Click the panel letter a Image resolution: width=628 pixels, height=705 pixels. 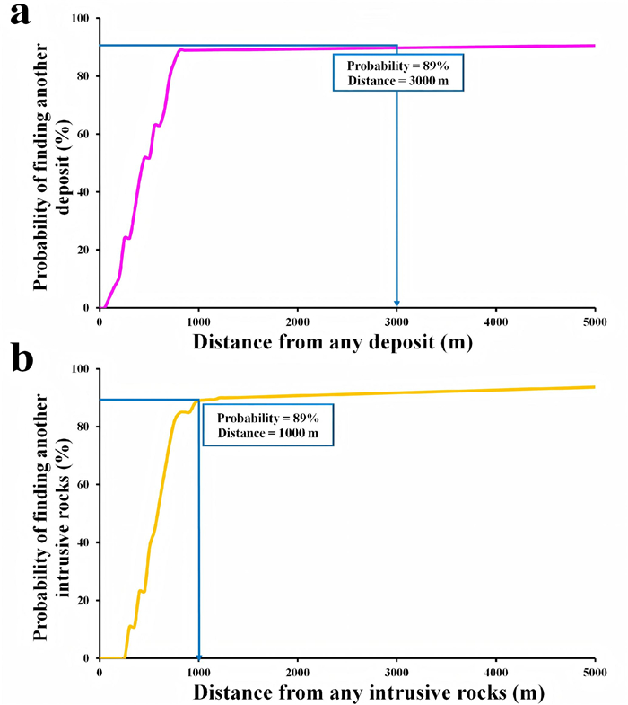coord(21,15)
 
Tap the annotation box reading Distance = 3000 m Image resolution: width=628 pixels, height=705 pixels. coord(397,70)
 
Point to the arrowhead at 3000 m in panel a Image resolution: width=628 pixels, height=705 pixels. coord(397,303)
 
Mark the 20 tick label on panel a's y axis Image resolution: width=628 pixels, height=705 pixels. coord(83,251)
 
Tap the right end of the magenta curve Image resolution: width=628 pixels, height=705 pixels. coord(594,45)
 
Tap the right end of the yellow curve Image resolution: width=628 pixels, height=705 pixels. coord(594,387)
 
